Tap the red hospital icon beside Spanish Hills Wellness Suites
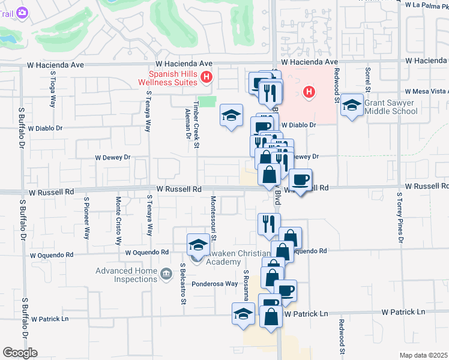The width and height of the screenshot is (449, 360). pyautogui.click(x=206, y=77)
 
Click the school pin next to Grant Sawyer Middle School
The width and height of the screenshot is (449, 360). pyautogui.click(x=352, y=106)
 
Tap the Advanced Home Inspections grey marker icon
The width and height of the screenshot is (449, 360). pyautogui.click(x=166, y=275)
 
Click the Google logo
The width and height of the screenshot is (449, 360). pyautogui.click(x=20, y=353)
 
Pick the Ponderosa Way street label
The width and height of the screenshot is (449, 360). pyautogui.click(x=215, y=284)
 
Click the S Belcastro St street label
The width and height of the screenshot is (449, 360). pyautogui.click(x=182, y=283)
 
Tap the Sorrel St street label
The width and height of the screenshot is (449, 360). pyautogui.click(x=367, y=84)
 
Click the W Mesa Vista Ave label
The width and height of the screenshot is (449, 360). pyautogui.click(x=427, y=92)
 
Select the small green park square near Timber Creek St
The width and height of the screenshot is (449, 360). pyautogui.click(x=207, y=101)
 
